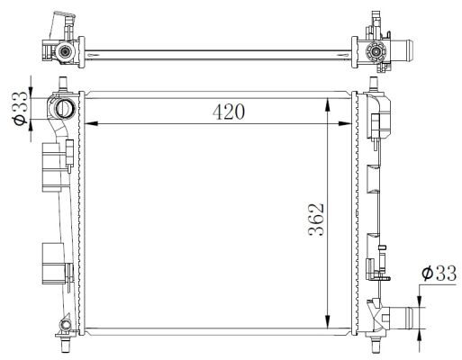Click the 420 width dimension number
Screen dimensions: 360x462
[229, 112]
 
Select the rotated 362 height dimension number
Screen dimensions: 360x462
[313, 219]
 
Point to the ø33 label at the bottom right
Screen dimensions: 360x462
[439, 275]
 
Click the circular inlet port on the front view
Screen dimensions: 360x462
[67, 109]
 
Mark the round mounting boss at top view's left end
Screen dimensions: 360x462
[65, 53]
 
